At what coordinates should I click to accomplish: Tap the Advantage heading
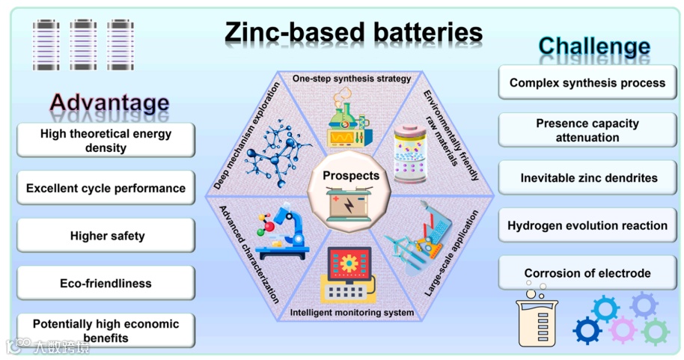click(x=109, y=102)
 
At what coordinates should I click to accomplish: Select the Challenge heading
click(x=594, y=46)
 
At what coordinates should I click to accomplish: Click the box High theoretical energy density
click(x=106, y=141)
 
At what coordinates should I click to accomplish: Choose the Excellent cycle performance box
click(x=106, y=189)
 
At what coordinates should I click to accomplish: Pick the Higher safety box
click(x=107, y=236)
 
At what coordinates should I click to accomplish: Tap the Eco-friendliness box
click(x=106, y=284)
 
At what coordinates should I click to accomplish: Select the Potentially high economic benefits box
click(x=106, y=331)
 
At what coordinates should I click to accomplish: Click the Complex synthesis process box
click(x=587, y=82)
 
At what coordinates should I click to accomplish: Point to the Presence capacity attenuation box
click(x=587, y=130)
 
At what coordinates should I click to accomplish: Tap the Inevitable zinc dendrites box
click(x=588, y=178)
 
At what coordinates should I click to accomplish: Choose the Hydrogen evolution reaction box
click(x=587, y=225)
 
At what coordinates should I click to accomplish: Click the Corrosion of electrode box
click(x=587, y=273)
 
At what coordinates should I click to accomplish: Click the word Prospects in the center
click(x=350, y=176)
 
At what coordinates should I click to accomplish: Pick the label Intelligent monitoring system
click(x=351, y=313)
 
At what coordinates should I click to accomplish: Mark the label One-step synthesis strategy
click(x=352, y=78)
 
